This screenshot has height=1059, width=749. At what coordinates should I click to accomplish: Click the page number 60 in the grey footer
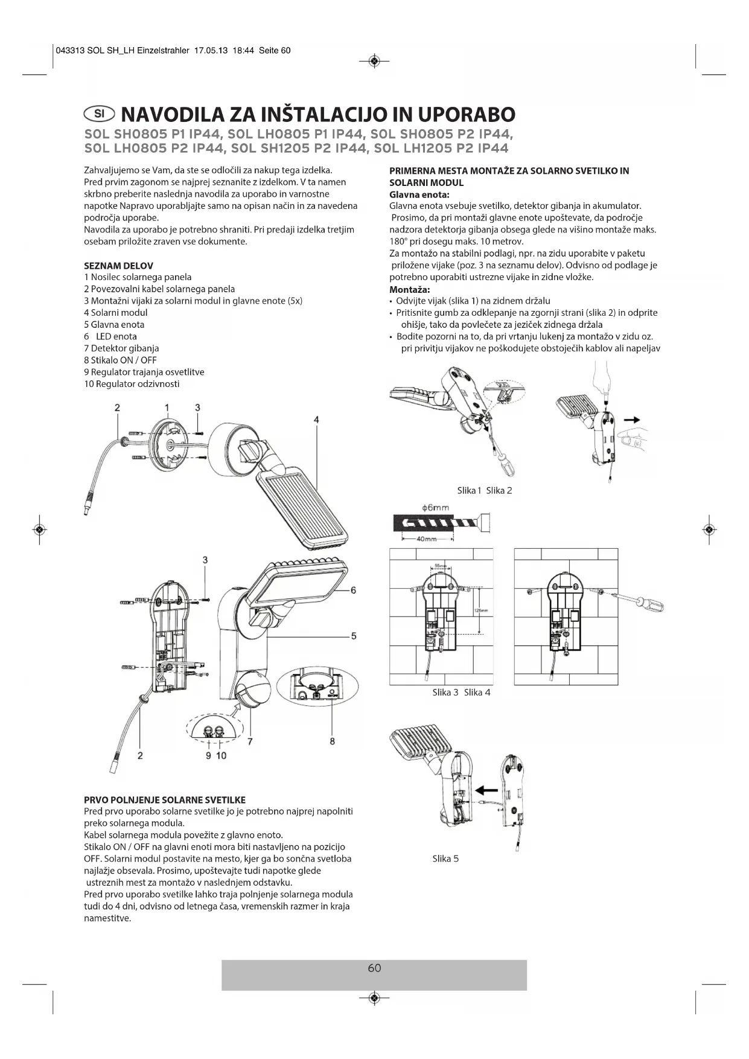374,968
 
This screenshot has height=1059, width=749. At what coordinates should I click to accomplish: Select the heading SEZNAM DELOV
118,266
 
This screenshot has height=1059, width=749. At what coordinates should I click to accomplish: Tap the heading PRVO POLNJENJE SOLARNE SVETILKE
164,800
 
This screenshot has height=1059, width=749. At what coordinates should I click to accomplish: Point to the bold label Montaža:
409,289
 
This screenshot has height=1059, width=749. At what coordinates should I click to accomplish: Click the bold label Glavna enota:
419,194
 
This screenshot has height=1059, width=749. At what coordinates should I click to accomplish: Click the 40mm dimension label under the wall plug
426,539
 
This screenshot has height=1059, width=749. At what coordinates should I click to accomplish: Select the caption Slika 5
445,859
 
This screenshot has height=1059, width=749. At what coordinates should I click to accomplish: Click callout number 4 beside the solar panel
316,420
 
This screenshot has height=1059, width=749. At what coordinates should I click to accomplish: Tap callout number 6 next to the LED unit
353,590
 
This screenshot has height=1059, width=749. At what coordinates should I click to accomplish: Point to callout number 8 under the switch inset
332,741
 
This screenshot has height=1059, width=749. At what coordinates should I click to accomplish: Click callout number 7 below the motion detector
249,741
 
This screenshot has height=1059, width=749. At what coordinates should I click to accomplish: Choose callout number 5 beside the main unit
353,636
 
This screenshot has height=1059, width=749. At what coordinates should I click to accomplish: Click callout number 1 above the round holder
167,408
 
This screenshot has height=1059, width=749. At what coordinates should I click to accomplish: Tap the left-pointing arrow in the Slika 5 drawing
486,789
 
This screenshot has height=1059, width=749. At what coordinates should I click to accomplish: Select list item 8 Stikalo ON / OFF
120,360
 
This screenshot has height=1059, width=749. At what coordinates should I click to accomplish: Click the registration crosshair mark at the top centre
374,61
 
